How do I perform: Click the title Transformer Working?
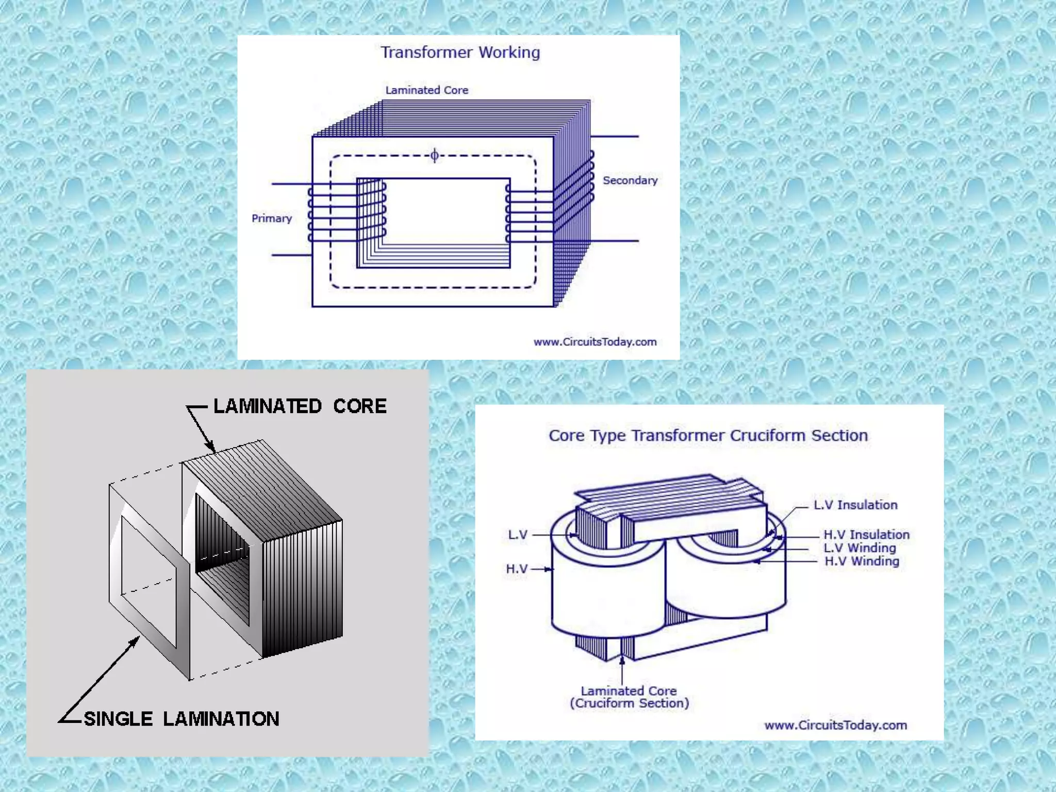460,53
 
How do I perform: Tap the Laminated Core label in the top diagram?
426,90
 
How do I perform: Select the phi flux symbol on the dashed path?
435,155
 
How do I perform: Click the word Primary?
272,219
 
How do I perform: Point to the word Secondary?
630,180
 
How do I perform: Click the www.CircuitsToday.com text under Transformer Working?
595,342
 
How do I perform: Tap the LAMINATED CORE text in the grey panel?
300,406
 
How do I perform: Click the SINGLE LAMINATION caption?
181,719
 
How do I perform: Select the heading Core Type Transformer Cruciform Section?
708,436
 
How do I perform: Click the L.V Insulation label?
855,505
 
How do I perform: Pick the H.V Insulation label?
866,535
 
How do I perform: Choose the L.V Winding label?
860,548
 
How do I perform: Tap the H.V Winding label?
862,562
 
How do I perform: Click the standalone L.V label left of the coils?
518,535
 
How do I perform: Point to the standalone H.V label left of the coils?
517,569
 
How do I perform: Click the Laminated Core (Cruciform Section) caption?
629,697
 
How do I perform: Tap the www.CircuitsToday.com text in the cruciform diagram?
835,725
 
